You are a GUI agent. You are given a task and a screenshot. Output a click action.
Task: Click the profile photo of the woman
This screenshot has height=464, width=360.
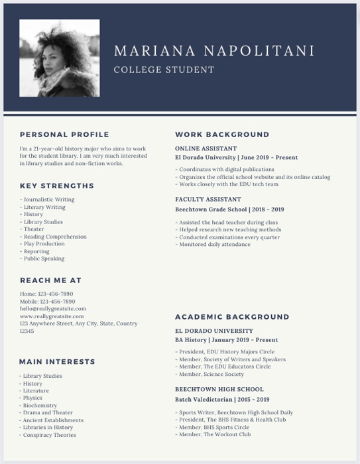[60, 58]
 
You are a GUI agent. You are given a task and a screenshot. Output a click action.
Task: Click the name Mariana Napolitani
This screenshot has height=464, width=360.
[214, 51]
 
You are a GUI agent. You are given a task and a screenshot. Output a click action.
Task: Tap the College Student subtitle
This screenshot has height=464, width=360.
[164, 70]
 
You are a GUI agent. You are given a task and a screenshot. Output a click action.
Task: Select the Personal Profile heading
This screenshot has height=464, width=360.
[64, 135]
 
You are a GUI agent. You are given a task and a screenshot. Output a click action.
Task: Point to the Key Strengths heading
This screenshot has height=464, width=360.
[57, 186]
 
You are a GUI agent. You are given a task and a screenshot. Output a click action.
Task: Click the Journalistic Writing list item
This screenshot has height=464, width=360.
[48, 200]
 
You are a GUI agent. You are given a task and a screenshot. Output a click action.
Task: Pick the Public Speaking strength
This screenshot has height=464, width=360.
[44, 259]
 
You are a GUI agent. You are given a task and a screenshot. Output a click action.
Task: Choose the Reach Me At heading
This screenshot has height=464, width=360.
[50, 280]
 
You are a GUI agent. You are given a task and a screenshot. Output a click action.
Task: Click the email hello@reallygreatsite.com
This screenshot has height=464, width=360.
[53, 308]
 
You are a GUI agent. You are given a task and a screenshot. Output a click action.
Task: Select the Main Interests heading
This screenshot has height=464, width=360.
[57, 362]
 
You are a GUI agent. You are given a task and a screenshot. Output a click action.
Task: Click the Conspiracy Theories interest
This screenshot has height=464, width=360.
[48, 435]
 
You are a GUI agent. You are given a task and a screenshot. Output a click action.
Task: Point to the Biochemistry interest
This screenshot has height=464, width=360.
[40, 406]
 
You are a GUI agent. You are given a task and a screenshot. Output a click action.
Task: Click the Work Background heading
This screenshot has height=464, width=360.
[222, 135]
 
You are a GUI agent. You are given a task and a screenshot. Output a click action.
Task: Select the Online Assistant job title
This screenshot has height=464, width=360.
[206, 149]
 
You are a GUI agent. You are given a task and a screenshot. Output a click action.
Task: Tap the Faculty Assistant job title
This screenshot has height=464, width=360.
[208, 199]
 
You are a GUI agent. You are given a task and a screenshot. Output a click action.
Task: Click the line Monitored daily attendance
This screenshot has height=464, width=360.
[213, 245]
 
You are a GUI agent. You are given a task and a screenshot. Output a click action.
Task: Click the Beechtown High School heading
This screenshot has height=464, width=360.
[219, 390]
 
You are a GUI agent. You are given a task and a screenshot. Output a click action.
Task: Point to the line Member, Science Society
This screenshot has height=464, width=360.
[210, 375]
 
